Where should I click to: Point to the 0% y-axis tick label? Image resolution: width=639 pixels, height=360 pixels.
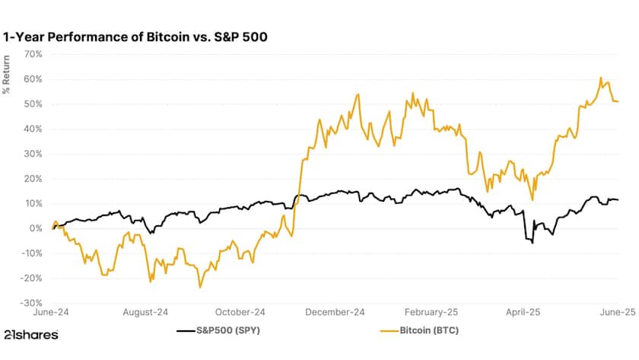coord(36,228)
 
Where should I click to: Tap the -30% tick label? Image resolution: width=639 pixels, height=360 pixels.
coord(31,302)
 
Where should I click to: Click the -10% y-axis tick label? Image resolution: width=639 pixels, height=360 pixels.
coord(31,253)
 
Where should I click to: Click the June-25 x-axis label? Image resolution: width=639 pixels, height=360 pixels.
coord(618,312)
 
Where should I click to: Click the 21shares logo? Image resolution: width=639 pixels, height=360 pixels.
coord(30,334)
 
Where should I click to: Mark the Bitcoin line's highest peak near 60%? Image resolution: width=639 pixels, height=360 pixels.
coord(601,78)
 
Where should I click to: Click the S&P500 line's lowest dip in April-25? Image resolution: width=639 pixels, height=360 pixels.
coord(532,243)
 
